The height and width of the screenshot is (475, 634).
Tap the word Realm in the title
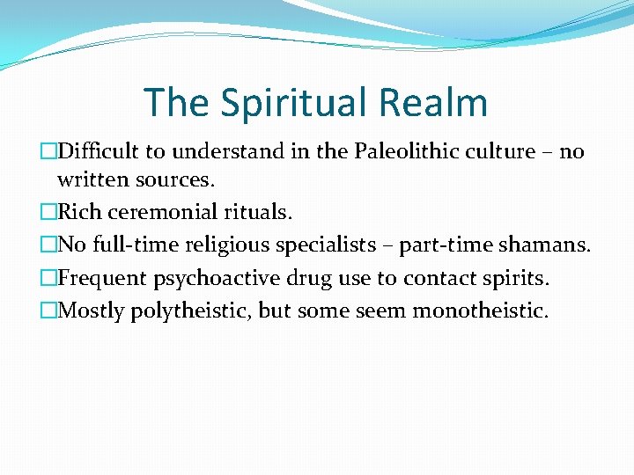(x=433, y=102)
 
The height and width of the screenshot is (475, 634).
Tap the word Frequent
(x=103, y=278)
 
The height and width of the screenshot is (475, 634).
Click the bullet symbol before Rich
(x=48, y=212)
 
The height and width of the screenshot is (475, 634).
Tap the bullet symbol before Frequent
(x=48, y=278)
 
